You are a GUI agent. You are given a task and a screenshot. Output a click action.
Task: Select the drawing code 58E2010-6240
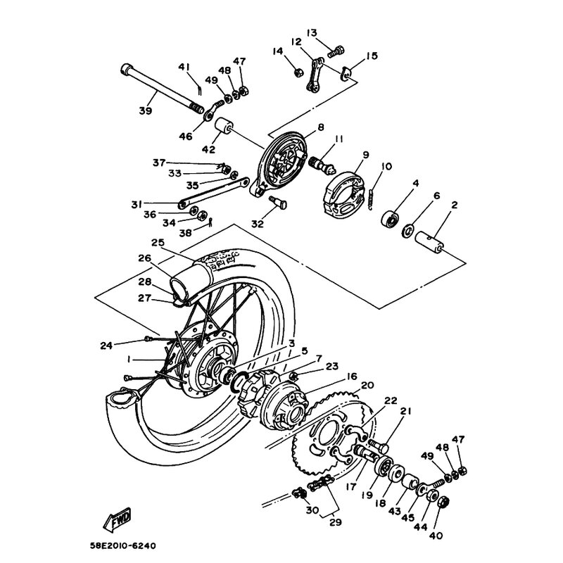tap(132, 545)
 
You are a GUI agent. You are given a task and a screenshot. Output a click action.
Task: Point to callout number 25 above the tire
tap(156, 243)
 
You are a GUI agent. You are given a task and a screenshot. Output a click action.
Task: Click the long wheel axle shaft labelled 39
tap(162, 88)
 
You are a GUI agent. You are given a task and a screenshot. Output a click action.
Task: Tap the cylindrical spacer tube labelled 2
tap(432, 242)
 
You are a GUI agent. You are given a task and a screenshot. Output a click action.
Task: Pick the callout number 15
tap(372, 56)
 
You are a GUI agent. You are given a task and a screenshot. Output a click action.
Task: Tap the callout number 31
tap(136, 205)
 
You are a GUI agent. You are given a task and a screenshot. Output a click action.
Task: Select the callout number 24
tap(106, 345)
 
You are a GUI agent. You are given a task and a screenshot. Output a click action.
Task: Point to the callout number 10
tap(386, 167)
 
